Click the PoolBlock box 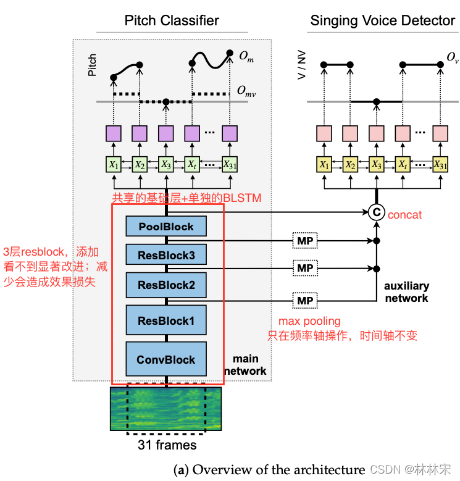click(166, 227)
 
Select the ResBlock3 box click(166, 254)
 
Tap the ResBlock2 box click(166, 285)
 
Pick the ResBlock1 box click(166, 320)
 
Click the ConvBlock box click(166, 359)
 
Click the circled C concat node click(376, 213)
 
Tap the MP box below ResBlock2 click(305, 300)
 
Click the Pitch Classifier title click(172, 20)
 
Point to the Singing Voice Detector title click(382, 20)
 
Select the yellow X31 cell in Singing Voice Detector click(440, 165)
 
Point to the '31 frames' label click(166, 445)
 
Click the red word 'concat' click(405, 214)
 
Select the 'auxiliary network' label click(406, 293)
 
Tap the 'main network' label click(245, 365)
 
